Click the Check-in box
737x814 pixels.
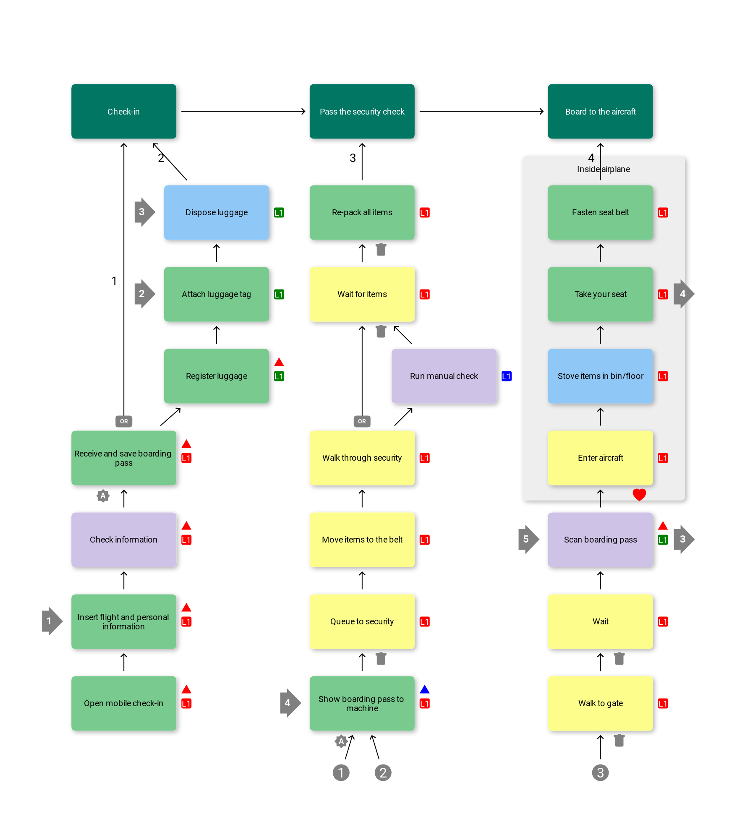pyautogui.click(x=123, y=111)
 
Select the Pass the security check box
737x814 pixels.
pyautogui.click(x=362, y=111)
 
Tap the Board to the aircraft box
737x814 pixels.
pyautogui.click(x=600, y=111)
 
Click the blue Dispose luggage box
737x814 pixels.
pyautogui.click(x=216, y=212)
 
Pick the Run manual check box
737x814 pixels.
pyautogui.click(x=444, y=376)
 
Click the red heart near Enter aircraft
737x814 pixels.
pyautogui.click(x=639, y=495)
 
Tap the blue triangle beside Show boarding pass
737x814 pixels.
pyautogui.click(x=424, y=689)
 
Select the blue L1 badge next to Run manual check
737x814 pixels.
pyautogui.click(x=507, y=376)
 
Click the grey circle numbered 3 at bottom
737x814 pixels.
pyautogui.click(x=600, y=772)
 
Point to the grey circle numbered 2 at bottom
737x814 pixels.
pyautogui.click(x=383, y=772)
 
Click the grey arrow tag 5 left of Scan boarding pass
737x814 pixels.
pyautogui.click(x=528, y=539)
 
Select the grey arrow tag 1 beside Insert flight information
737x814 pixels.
pyautogui.click(x=51, y=621)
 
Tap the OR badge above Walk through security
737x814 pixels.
pyautogui.click(x=362, y=421)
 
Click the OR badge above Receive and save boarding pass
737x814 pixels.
pyautogui.click(x=124, y=421)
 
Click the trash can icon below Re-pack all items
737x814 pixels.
pyautogui.click(x=381, y=250)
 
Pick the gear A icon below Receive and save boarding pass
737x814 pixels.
pyautogui.click(x=103, y=496)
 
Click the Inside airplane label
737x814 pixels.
pyautogui.click(x=603, y=169)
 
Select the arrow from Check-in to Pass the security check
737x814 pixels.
pyautogui.click(x=243, y=111)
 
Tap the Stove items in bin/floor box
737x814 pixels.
pyautogui.click(x=600, y=376)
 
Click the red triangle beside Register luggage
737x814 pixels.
pyautogui.click(x=279, y=362)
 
